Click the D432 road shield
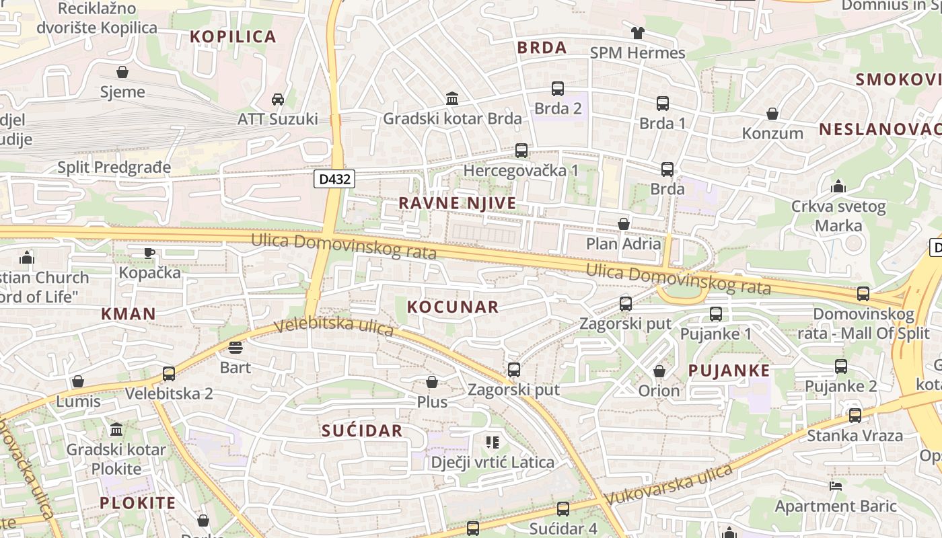pos(334,180)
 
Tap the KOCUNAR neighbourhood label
pos(453,307)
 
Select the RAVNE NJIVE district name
pos(458,203)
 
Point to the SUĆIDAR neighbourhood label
pos(362,431)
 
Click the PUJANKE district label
pos(729,371)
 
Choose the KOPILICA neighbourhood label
pos(233,37)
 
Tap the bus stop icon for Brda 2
pos(558,88)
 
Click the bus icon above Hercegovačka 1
pos(521,151)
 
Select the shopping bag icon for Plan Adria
pos(624,224)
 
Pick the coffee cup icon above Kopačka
pos(149,253)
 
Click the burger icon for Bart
pos(235,348)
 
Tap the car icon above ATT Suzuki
pos(277,100)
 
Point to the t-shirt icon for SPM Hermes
pos(637,32)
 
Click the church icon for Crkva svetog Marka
pos(838,186)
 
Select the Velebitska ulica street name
pos(334,327)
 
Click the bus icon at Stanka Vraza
pos(855,416)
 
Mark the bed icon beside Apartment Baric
pos(836,486)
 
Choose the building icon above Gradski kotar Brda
pos(452,99)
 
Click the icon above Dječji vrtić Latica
pos(493,442)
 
